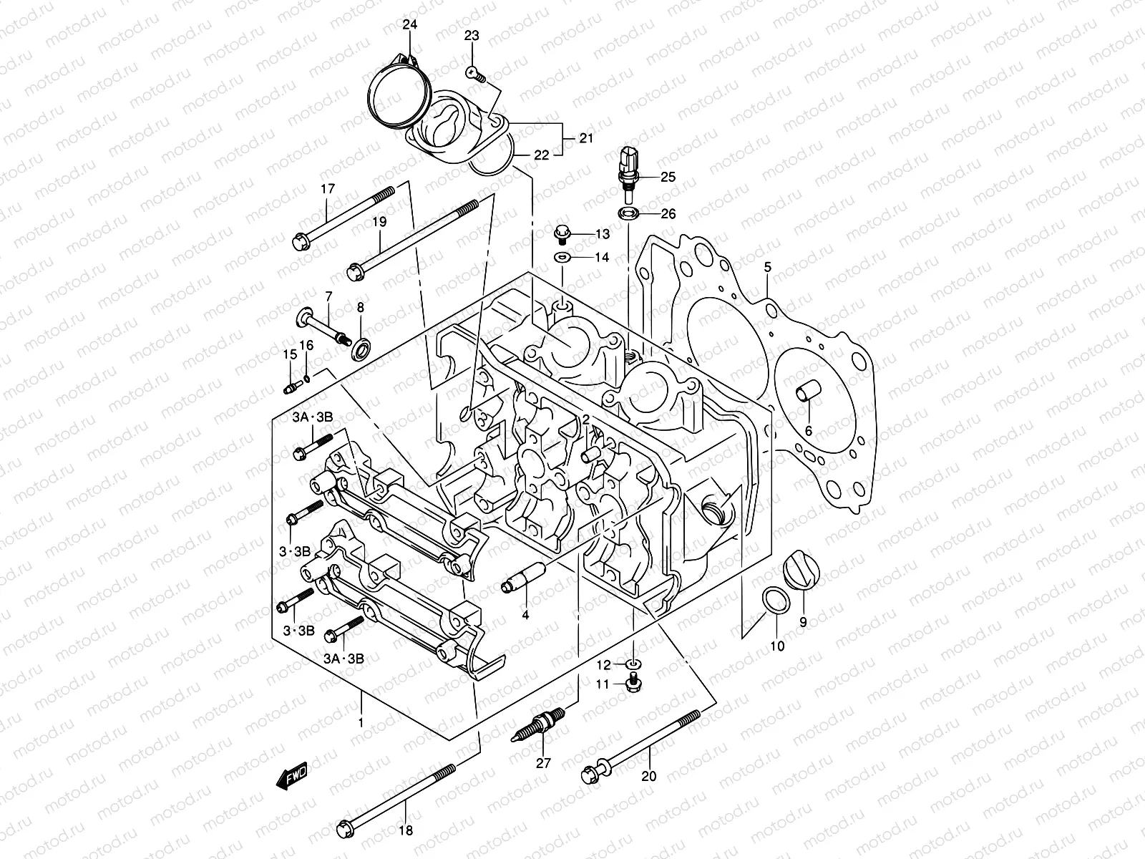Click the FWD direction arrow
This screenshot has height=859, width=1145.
[292, 775]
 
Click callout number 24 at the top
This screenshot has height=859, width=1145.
[409, 25]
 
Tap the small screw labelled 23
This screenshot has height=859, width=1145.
[474, 72]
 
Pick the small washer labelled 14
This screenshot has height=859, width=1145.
[562, 257]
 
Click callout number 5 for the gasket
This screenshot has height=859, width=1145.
[767, 268]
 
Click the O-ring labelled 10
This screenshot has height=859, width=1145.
[773, 601]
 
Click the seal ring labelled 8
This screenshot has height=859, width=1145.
[361, 348]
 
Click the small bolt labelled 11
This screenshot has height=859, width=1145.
[633, 684]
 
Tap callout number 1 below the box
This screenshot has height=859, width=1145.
[361, 722]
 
